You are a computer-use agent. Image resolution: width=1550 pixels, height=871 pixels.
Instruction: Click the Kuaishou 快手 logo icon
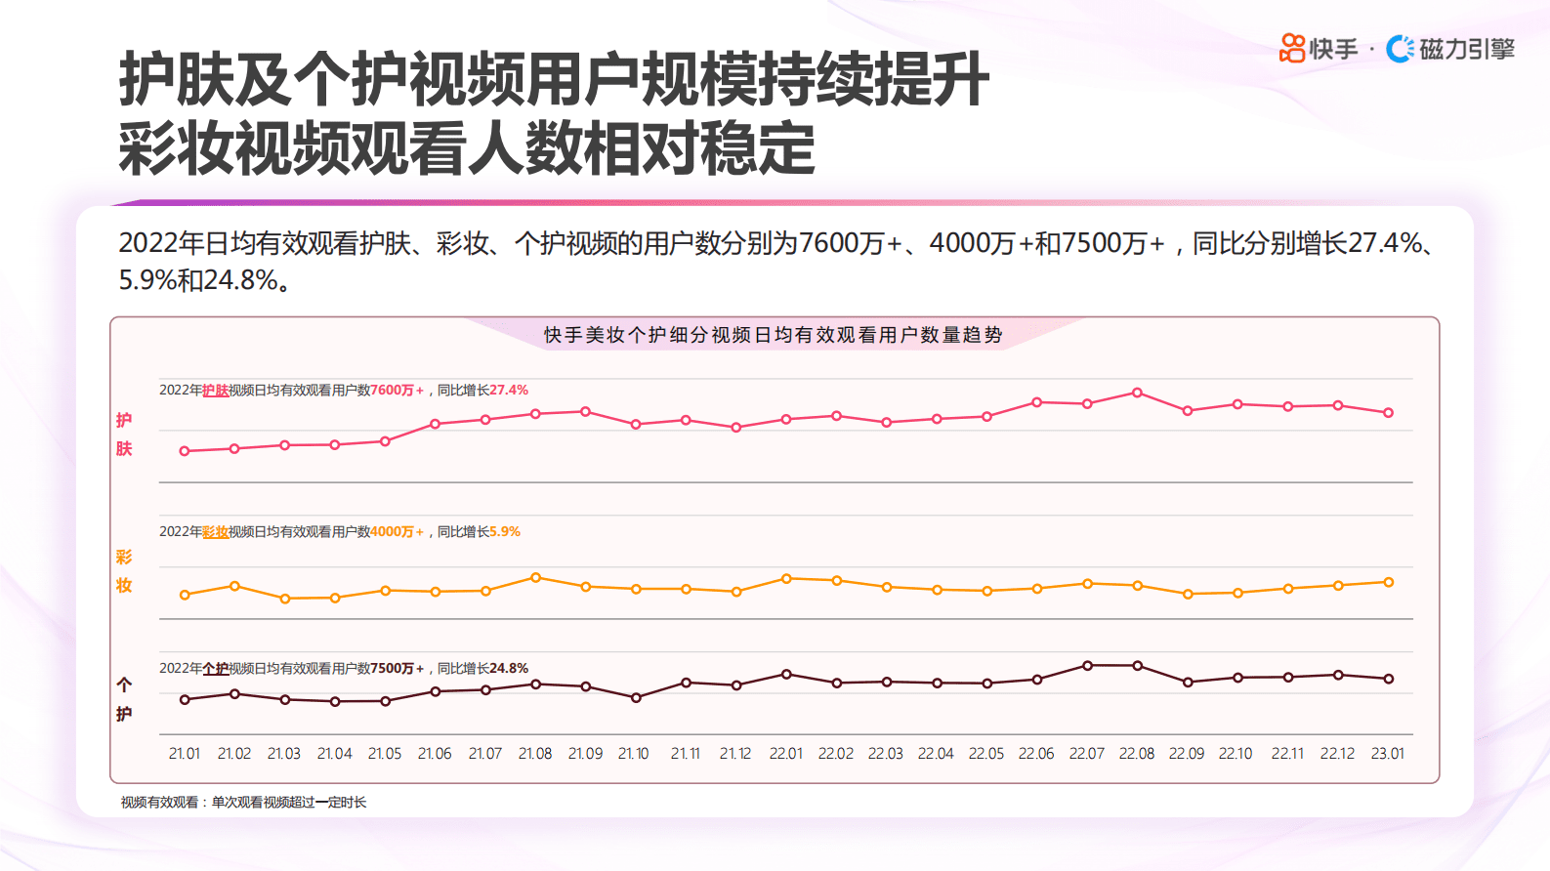(1292, 48)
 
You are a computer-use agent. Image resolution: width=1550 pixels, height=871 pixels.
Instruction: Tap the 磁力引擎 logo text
(1466, 49)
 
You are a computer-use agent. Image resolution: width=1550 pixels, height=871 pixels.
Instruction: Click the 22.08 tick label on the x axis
(1137, 754)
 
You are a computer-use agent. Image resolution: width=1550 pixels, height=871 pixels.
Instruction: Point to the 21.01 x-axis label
(185, 754)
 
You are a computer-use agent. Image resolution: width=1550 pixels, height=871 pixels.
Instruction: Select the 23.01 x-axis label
(1388, 754)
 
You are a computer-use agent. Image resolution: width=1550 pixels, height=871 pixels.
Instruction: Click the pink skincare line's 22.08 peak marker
(1137, 393)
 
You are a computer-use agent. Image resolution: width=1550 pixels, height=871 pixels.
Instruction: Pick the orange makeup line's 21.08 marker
(535, 578)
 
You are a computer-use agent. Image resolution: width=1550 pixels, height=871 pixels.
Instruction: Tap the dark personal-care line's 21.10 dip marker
(636, 698)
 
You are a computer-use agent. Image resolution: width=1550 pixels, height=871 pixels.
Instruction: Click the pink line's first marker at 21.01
(185, 451)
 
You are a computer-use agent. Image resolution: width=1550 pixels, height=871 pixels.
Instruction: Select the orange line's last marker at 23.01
(1388, 582)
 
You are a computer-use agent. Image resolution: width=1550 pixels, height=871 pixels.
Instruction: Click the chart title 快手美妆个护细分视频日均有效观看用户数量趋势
(773, 335)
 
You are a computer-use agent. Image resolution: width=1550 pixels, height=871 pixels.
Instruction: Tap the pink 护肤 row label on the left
(124, 435)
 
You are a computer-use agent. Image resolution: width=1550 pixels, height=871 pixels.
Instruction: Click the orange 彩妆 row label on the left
(124, 571)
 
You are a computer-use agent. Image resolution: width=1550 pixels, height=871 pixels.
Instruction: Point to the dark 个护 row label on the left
(124, 699)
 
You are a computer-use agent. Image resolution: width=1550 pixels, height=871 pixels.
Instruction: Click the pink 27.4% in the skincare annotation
(509, 390)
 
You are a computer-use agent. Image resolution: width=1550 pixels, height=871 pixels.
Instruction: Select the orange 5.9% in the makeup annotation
(505, 531)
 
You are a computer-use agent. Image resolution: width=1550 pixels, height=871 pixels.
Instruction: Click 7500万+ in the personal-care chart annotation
(397, 668)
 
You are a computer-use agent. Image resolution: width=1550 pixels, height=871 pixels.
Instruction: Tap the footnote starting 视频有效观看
(244, 803)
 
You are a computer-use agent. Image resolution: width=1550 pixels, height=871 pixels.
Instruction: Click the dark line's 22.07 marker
(1087, 666)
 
